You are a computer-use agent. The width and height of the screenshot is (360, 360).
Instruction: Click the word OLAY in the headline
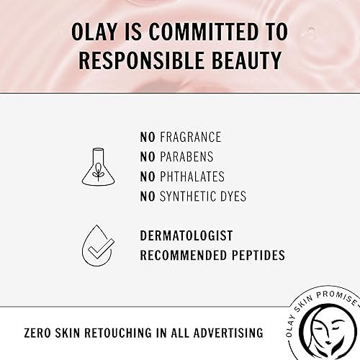[x=99, y=31]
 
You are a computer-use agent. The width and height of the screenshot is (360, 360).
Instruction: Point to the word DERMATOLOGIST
[x=186, y=235]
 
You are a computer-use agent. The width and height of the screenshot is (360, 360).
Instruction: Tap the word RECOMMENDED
[x=181, y=255]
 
